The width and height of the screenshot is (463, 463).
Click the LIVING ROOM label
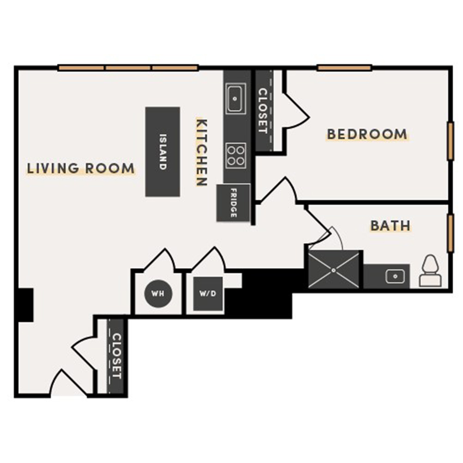pyautogui.click(x=81, y=168)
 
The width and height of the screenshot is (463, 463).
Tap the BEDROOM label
pyautogui.click(x=367, y=134)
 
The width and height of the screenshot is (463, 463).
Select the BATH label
pyautogui.click(x=390, y=225)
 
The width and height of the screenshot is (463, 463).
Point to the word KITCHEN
pyautogui.click(x=202, y=152)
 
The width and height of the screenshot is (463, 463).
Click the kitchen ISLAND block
pyautogui.click(x=163, y=152)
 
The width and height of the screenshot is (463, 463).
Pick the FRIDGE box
pyautogui.click(x=233, y=203)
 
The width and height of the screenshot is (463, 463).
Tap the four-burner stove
pyautogui.click(x=236, y=154)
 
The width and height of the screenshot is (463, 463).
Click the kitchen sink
pyautogui.click(x=236, y=98)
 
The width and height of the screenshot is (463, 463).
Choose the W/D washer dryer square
pyautogui.click(x=207, y=294)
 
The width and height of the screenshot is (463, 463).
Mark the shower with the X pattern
pyautogui.click(x=334, y=270)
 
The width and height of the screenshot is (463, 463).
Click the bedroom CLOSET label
pyautogui.click(x=263, y=111)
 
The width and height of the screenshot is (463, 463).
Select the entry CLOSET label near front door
pyautogui.click(x=116, y=357)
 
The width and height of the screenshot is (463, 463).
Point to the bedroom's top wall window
pyautogui.click(x=344, y=67)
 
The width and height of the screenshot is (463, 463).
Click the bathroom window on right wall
pyautogui.click(x=451, y=233)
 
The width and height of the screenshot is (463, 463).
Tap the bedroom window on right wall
pyautogui.click(x=451, y=141)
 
